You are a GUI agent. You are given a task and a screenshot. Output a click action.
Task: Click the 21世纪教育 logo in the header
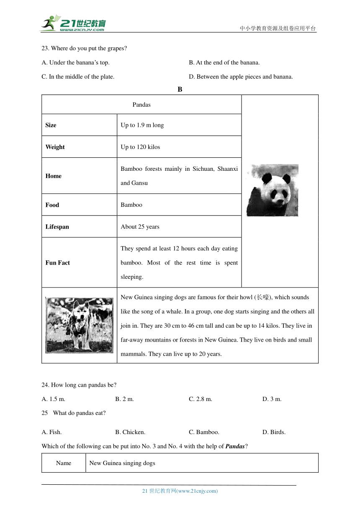pos(73,23)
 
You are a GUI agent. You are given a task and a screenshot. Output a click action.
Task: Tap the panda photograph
pos(272,190)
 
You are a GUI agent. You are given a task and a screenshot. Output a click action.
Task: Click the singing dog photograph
pos(79,325)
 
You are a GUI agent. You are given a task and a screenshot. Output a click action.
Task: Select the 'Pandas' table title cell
pos(141,105)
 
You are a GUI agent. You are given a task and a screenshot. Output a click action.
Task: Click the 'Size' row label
pos(51,125)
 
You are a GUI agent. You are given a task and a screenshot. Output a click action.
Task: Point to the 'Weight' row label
pos(55,147)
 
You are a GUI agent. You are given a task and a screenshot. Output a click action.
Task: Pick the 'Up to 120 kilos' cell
pos(140,147)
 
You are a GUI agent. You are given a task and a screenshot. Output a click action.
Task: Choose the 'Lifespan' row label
pos(57,227)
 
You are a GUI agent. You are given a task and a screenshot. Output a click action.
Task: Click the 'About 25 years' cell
pos(140,227)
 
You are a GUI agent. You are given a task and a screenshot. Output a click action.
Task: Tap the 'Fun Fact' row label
pos(58,263)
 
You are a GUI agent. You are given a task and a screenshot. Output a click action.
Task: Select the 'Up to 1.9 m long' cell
pos(142,125)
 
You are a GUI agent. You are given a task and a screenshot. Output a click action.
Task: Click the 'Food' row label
pos(52,205)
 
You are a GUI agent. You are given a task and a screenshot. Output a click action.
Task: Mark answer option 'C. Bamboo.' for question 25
pos(204,432)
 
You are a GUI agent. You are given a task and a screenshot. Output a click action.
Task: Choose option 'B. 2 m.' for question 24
pos(124,399)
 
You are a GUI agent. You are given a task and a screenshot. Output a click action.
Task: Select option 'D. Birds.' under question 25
pos(274,432)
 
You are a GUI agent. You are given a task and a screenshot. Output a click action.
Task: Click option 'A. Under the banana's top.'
pos(75,62)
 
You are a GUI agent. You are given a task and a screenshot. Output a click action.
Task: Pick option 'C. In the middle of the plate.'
pos(78,77)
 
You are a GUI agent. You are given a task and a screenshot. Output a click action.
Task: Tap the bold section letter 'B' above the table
pos(180,89)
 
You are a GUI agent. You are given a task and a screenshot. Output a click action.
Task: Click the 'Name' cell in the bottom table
pos(64,463)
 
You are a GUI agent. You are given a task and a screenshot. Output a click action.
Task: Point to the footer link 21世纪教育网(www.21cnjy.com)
pos(180,491)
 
